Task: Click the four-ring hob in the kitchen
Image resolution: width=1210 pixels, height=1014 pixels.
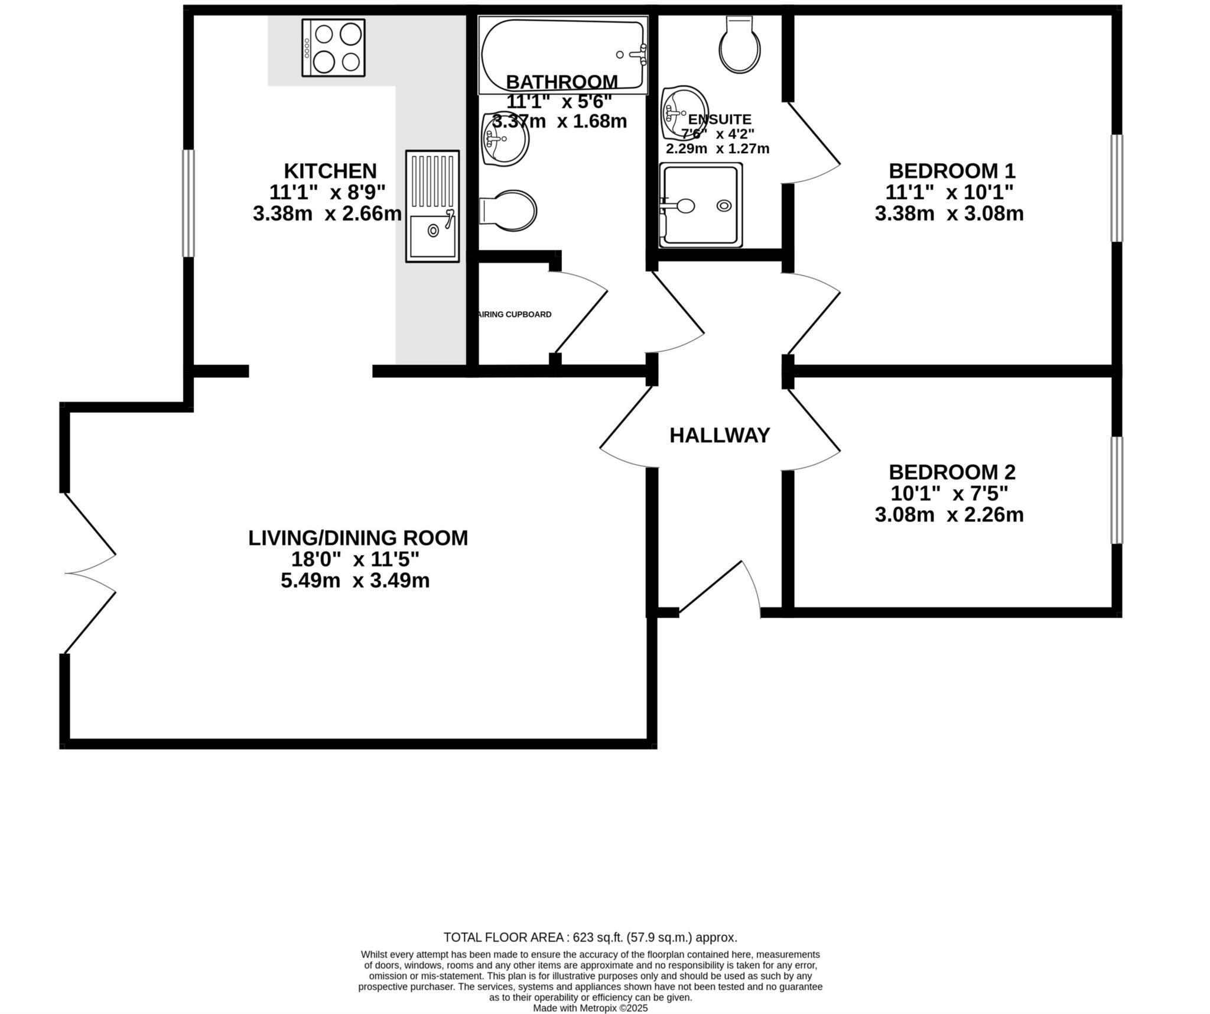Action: [x=333, y=47]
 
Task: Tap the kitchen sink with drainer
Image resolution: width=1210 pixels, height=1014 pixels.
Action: [x=432, y=206]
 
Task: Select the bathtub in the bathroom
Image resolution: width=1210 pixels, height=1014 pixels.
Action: [x=562, y=54]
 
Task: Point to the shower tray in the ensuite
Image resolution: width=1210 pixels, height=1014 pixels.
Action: [x=701, y=205]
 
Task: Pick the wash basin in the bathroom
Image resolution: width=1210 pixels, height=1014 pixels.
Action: [x=504, y=140]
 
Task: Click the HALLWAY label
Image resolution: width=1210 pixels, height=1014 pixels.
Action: [x=719, y=436]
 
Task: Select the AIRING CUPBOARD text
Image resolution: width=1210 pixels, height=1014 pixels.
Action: [x=515, y=315]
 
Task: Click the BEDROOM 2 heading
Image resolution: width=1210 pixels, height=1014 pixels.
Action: [x=951, y=472]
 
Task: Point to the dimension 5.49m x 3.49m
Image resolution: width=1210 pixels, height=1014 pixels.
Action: [x=354, y=581]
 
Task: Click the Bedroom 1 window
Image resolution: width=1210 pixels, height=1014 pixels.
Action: [x=1116, y=188]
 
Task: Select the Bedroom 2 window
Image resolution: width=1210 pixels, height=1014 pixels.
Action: [x=1116, y=490]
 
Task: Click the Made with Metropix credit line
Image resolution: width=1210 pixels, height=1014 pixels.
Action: [x=590, y=1008]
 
